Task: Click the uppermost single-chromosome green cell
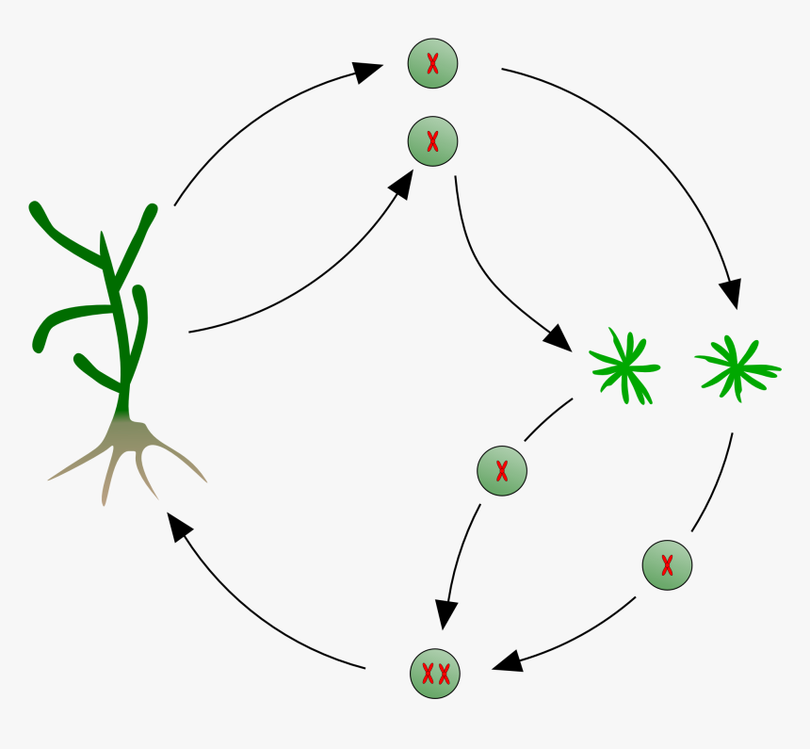pos(432,64)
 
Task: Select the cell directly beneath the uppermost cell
pos(432,142)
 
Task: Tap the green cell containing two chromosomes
pos(435,674)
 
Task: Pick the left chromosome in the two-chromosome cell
pos(427,674)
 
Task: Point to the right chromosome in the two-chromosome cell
pos(444,674)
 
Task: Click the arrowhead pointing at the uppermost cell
pos(368,71)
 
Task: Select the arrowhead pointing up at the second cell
pos(401,184)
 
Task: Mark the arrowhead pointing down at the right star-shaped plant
pos(730,294)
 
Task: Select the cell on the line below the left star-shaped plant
pos(502,470)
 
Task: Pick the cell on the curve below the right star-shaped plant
pos(667,565)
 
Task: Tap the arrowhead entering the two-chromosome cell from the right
pos(507,661)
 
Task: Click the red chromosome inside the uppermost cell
pos(432,64)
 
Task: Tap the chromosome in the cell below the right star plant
pos(667,565)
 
